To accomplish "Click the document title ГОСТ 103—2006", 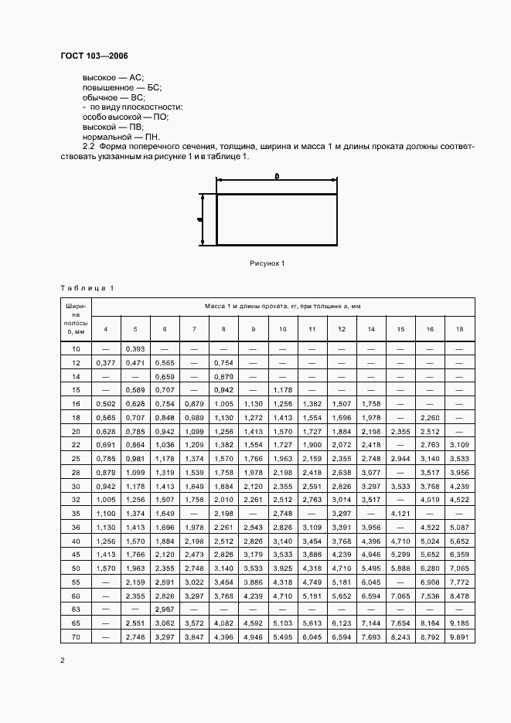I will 94,56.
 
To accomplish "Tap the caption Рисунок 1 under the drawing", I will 267,263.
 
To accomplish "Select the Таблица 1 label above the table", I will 87,288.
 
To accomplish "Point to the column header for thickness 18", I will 459,330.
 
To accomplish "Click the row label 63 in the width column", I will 76,609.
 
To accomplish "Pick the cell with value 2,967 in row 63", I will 164,609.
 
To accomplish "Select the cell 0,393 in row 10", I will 135,349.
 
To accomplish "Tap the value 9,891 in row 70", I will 459,636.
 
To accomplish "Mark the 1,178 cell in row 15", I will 282,389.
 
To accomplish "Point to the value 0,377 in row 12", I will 105,363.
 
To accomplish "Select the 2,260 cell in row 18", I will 429,416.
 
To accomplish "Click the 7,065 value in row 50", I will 459,568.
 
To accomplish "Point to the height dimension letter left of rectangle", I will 200,219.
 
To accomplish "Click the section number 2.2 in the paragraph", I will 88,146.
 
